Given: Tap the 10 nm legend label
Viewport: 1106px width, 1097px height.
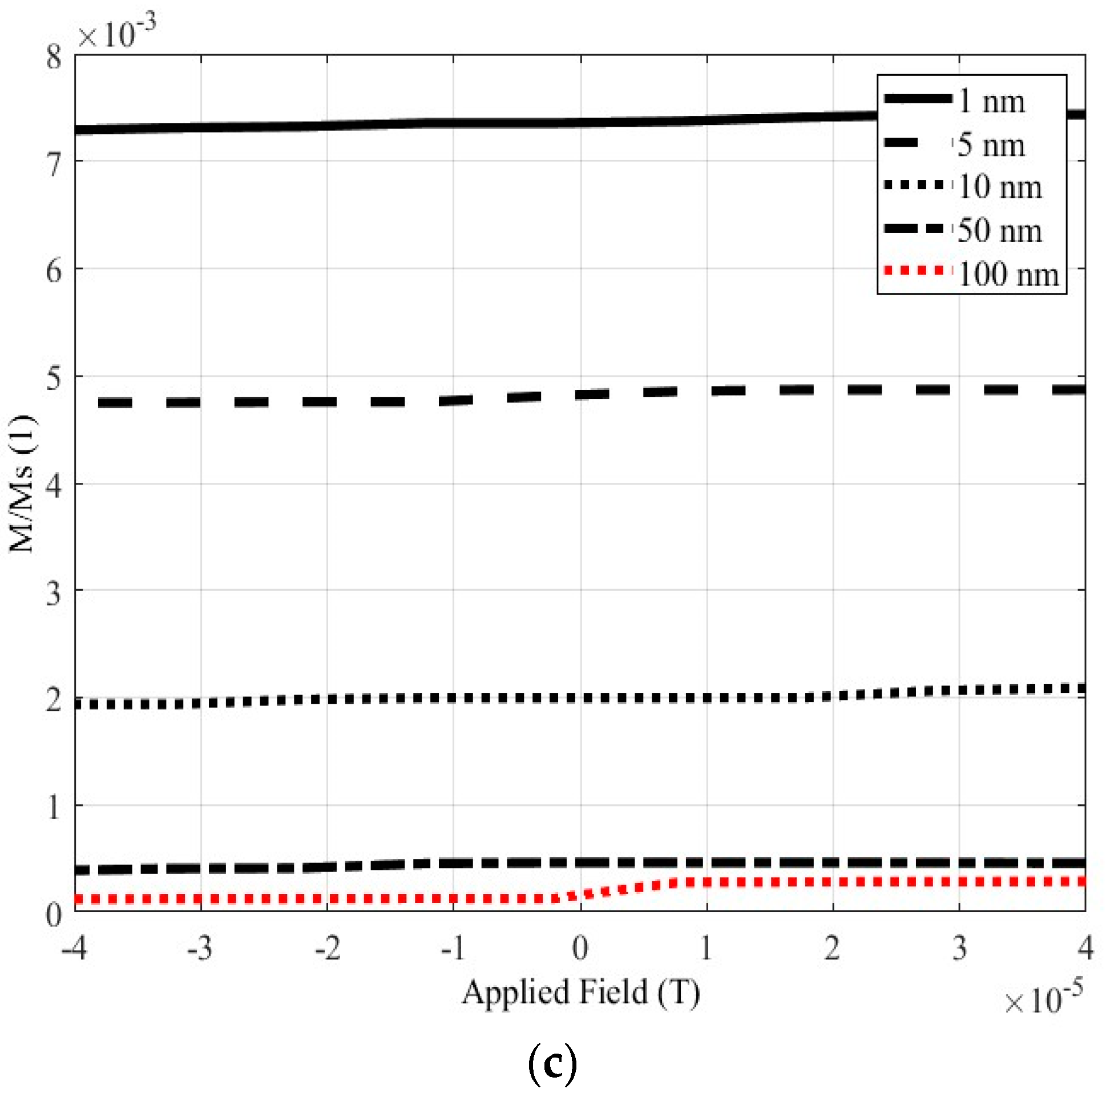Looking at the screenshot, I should [999, 187].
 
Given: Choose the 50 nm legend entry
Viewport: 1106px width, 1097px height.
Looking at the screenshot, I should [999, 230].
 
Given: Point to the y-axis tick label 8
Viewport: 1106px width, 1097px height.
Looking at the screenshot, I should [54, 57].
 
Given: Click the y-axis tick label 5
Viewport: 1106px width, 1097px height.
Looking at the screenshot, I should [54, 378].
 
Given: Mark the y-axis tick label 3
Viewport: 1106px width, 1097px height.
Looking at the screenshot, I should [54, 593].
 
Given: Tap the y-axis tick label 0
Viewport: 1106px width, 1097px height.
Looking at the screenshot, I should [54, 914].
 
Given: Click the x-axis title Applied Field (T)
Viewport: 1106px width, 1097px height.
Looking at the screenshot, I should [580, 992].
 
